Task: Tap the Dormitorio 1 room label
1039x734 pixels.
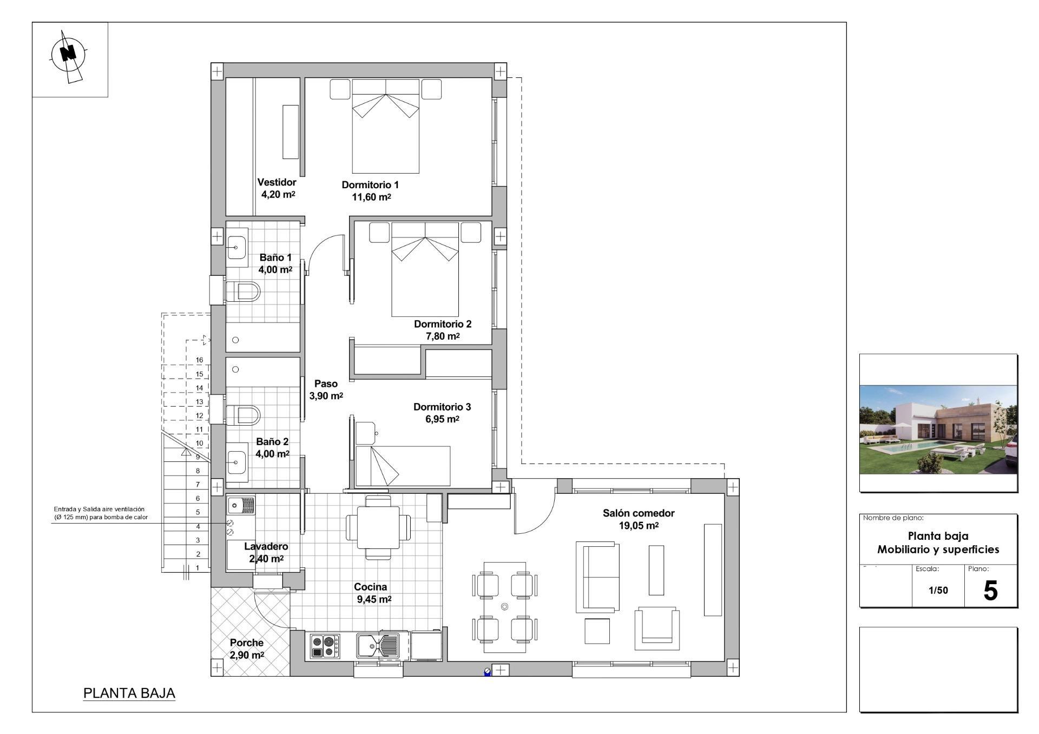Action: [370, 185]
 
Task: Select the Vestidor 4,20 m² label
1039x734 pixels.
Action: [277, 188]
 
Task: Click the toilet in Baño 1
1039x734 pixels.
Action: [243, 292]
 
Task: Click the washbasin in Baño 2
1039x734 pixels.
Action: [236, 463]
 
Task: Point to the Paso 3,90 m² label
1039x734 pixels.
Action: [326, 389]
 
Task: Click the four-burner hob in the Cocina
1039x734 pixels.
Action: [325, 645]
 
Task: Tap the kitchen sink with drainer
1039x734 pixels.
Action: [378, 645]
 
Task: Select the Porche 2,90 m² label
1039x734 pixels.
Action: [247, 649]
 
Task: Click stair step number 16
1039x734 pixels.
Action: [200, 360]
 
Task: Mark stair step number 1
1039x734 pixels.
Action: [198, 568]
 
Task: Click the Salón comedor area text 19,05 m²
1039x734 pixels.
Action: [639, 526]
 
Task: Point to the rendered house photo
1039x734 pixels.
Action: [938, 429]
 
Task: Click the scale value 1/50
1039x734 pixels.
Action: [938, 590]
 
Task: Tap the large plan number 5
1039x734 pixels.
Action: [990, 591]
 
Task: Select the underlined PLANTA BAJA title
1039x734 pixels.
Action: [129, 693]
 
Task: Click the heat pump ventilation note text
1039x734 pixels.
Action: [100, 513]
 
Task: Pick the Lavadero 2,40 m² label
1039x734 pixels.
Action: [266, 552]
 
